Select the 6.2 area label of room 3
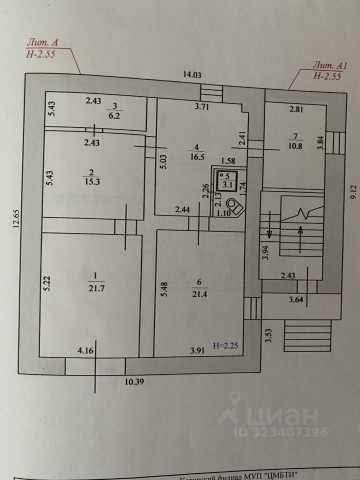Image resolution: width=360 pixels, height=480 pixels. pos(115,114)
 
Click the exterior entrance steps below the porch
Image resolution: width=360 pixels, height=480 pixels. pos(308,337)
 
